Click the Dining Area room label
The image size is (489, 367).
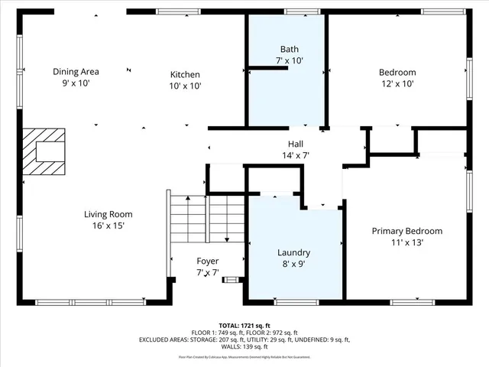76,72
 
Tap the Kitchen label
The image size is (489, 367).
185,74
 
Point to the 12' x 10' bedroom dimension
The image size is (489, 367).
397,84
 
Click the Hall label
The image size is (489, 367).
296,144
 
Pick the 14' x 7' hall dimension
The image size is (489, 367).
296,155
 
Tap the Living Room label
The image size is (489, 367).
108,214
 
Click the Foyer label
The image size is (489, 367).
207,261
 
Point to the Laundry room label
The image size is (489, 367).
293,252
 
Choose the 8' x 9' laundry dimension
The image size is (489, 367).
293,264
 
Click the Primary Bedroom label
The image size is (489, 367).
406,231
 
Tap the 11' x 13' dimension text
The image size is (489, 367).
406,242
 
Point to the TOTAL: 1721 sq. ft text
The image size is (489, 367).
244,325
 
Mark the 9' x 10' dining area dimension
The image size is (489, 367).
76,83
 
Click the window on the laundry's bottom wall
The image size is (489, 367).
296,302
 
